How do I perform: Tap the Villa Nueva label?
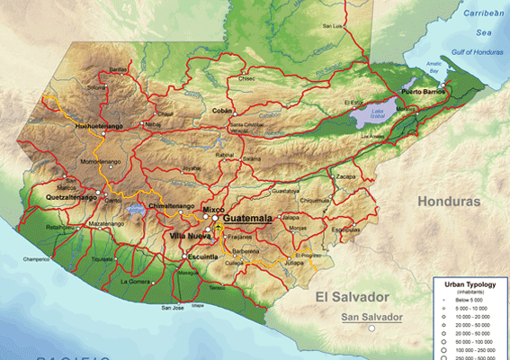[190, 236]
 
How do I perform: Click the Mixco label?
[213, 210]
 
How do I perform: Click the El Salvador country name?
[351, 296]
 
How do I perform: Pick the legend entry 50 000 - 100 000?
[473, 342]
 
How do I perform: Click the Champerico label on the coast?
[36, 259]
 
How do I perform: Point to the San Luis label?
[332, 26]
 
